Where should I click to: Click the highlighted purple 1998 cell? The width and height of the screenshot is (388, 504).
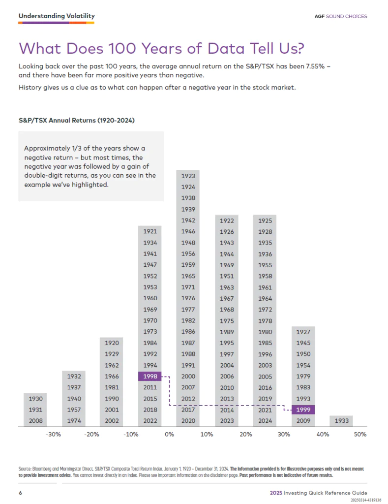point(150,377)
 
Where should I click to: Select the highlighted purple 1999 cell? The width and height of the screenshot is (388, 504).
point(303,409)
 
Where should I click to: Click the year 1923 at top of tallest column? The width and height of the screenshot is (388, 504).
point(188,176)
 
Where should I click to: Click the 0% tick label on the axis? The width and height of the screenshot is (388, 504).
point(169,435)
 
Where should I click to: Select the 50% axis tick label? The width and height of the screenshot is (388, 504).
point(360,435)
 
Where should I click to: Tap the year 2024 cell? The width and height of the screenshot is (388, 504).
point(265,421)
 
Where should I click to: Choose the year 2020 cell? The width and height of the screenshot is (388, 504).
point(188,421)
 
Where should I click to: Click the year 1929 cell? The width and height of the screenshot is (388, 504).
point(112,354)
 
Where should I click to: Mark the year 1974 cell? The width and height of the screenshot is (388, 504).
point(74,421)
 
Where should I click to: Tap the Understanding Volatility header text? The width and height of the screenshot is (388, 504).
point(57,16)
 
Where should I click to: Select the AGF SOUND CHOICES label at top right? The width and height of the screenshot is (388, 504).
point(341,16)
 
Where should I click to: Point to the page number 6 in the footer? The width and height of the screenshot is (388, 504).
point(20,493)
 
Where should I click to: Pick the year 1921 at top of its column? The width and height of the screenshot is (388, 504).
point(150,231)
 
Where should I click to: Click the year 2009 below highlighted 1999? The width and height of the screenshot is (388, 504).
point(303,421)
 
